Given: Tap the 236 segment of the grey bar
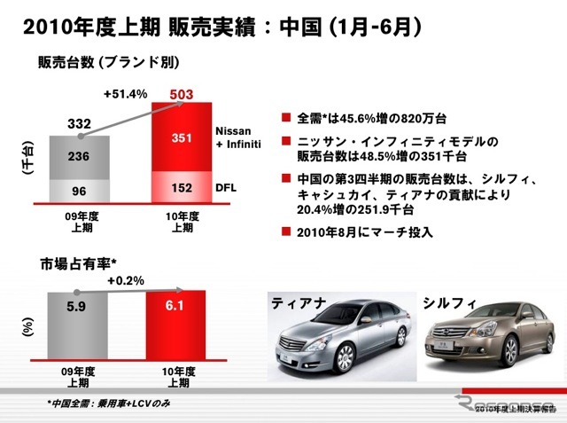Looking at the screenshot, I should (x=79, y=156).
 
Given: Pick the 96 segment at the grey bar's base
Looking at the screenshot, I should (x=79, y=190).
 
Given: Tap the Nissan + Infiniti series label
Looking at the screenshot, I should (x=235, y=137).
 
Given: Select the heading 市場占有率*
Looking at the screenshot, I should (x=77, y=263).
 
